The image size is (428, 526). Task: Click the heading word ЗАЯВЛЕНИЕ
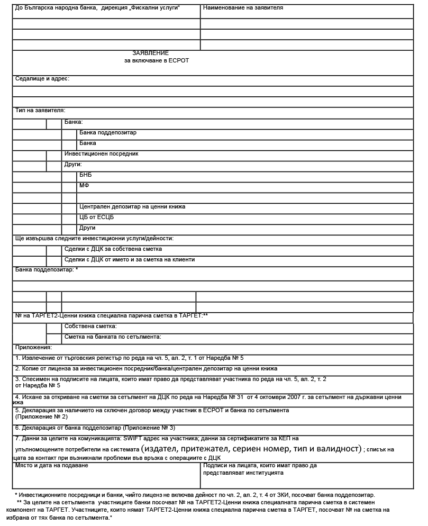(x=151, y=53)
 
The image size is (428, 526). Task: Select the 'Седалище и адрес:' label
(x=42, y=78)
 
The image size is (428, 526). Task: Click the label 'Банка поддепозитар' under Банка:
(x=108, y=133)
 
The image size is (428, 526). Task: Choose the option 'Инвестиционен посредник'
(x=101, y=153)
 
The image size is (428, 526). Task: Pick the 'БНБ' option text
(x=85, y=175)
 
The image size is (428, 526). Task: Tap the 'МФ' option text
(x=84, y=186)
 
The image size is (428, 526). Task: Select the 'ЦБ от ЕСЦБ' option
(x=96, y=217)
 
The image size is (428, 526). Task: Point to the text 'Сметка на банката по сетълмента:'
(x=113, y=337)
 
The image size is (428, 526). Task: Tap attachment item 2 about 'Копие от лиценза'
(x=146, y=368)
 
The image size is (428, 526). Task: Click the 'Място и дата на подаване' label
(x=52, y=466)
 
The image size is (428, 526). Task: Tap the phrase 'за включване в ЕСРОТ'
(x=157, y=61)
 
